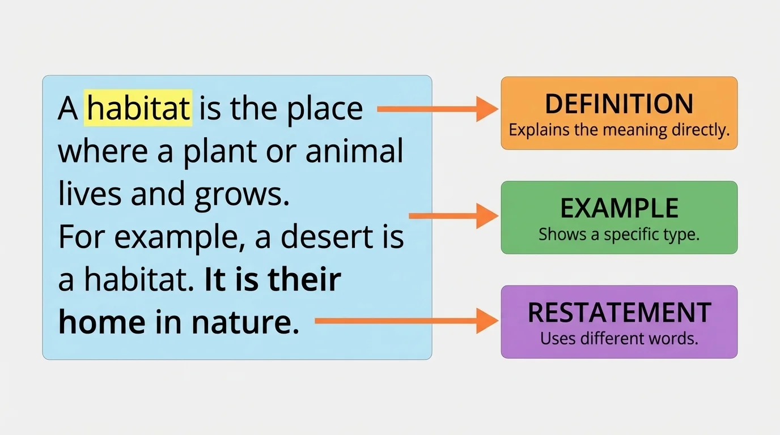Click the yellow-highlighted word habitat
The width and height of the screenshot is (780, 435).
click(x=138, y=108)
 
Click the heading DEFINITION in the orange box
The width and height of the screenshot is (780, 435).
click(x=619, y=104)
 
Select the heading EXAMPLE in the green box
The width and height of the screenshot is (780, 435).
click(x=619, y=208)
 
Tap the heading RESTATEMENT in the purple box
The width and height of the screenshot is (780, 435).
click(x=619, y=313)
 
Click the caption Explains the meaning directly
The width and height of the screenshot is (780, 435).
click(x=619, y=130)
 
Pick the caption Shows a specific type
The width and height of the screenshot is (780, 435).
click(x=619, y=234)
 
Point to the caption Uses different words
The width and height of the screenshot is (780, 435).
click(x=619, y=339)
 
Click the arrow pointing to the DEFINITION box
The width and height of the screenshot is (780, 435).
click(x=436, y=109)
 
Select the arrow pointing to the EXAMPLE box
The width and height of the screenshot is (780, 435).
click(x=453, y=216)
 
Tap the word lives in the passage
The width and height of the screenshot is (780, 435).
click(x=90, y=194)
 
